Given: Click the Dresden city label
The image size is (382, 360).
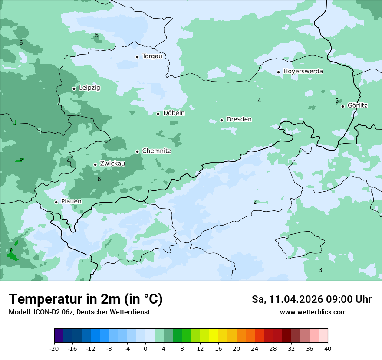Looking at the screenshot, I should coord(239,119).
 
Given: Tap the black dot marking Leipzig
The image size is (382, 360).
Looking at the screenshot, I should coord(74,88).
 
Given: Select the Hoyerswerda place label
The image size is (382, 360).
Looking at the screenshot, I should coord(303,71).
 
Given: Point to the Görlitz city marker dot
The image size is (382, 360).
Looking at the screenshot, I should coord(342,106).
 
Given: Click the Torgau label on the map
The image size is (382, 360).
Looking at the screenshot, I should coord(152,56).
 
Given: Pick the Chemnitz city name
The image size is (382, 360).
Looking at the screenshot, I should coord(156,151).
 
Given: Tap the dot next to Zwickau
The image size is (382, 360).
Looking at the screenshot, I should coord(95,164).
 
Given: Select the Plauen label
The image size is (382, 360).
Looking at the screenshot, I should coord(71,202).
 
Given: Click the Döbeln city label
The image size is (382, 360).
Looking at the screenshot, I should coord(174,113).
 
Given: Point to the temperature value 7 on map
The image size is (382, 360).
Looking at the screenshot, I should coord(10,250).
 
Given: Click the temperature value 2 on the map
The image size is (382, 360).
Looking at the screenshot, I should coord(255,202).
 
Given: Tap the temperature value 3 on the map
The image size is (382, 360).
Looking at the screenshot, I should coord(320,270).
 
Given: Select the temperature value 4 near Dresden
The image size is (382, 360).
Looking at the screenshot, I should coord(259,101).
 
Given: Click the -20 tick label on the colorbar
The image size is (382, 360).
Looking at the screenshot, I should coord(54,348).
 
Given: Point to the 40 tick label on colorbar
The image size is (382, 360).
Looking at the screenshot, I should coord(328,348).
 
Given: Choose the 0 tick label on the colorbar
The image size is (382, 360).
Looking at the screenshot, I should coord(145,348).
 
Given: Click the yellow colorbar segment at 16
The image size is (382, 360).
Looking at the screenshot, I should coord(214,336).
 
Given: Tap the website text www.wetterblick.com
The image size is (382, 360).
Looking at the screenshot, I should coord(313,312).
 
